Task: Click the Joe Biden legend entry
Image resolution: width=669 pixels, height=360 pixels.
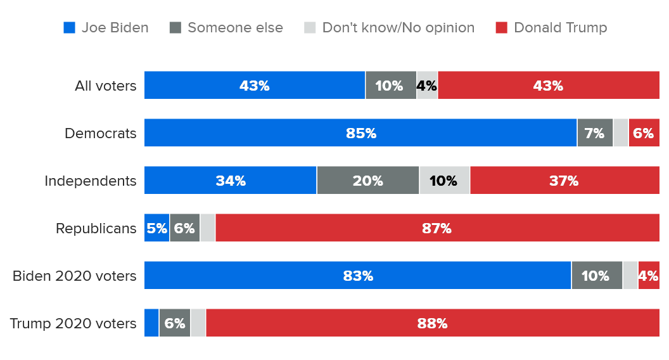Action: [x=106, y=28]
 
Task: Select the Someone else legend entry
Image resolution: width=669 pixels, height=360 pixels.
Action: [x=226, y=28]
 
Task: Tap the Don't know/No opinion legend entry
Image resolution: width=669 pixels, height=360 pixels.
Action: [x=389, y=28]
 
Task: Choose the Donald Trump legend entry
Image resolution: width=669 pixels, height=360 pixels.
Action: [x=551, y=28]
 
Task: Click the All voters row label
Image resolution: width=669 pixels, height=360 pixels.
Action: [x=105, y=86]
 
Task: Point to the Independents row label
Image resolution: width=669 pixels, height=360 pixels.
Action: [x=90, y=181]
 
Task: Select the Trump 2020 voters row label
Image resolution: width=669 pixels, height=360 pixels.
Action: [x=73, y=323]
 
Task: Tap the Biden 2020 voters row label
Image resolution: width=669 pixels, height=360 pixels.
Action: [x=75, y=276]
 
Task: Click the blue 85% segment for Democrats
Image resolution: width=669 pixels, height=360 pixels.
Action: [x=360, y=133]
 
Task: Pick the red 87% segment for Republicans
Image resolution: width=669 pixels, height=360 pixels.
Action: [x=437, y=228]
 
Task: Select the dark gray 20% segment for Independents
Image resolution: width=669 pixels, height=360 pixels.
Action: [x=367, y=181]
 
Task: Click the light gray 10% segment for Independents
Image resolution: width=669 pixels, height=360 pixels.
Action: [x=444, y=181]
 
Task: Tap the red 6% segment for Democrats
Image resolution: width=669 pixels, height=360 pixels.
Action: [x=644, y=133]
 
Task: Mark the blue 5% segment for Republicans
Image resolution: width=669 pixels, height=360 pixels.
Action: [x=156, y=228]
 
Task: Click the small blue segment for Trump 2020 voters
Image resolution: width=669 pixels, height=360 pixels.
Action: [x=151, y=323]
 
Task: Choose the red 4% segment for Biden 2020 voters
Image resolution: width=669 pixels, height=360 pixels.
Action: [x=649, y=276]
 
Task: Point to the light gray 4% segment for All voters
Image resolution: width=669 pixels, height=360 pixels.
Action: [x=427, y=86]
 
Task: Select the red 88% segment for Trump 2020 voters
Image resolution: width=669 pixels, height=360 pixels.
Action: [x=432, y=323]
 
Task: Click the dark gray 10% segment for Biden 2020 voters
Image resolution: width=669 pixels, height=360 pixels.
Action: [x=597, y=276]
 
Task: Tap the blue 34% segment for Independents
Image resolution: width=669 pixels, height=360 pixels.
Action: [x=230, y=181]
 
